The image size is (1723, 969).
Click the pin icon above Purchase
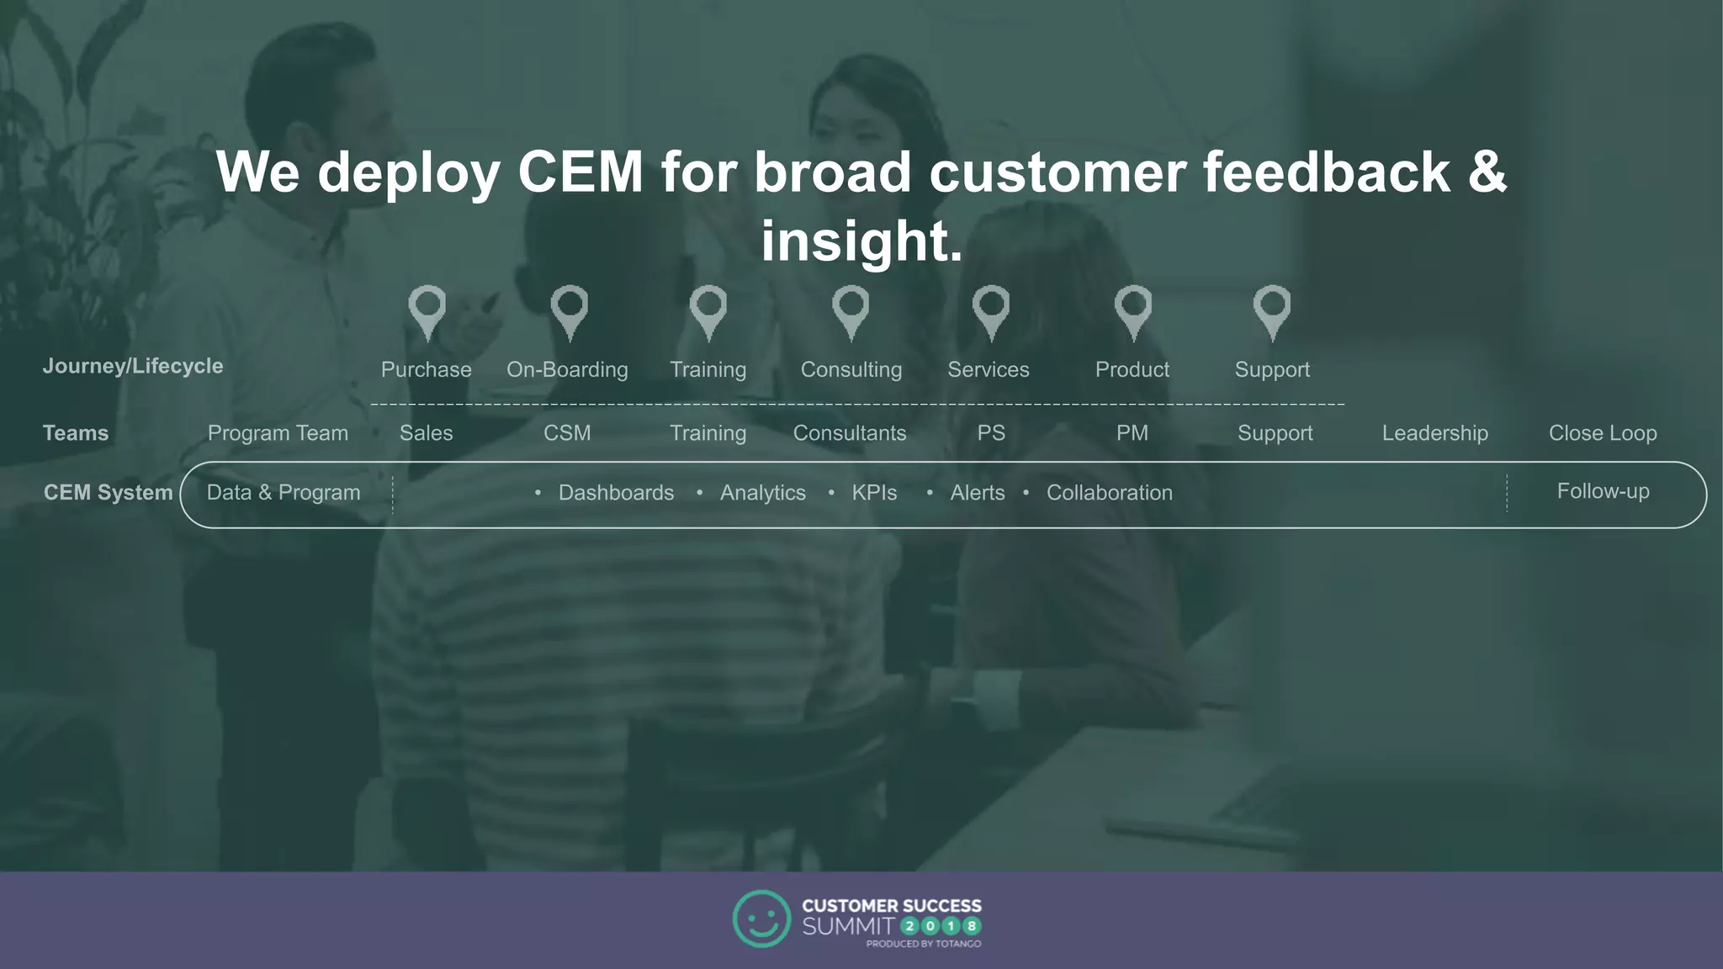[x=427, y=311]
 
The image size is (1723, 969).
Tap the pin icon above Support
[x=1271, y=311]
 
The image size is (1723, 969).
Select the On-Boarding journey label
[x=567, y=370]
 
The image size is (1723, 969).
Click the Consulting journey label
[x=851, y=370]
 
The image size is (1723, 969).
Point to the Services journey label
[x=989, y=370]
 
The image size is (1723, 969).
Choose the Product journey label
[x=1132, y=370]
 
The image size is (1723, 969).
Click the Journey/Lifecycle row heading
[x=133, y=367]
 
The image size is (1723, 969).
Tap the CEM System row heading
[x=108, y=493]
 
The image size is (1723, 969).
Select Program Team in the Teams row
[x=278, y=433]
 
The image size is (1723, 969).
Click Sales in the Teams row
[x=426, y=433]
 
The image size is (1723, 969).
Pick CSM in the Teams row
[x=567, y=433]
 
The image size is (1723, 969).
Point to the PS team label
[x=991, y=433]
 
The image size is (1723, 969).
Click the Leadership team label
[x=1434, y=433]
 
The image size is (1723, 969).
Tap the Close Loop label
[x=1603, y=433]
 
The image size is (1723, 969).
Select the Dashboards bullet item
[x=616, y=493]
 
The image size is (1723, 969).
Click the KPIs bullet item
[x=874, y=493]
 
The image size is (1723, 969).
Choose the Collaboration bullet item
[x=1109, y=493]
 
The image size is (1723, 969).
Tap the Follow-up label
[x=1603, y=491]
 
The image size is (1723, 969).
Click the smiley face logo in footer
[x=761, y=919]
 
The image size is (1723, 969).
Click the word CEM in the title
[x=581, y=172]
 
